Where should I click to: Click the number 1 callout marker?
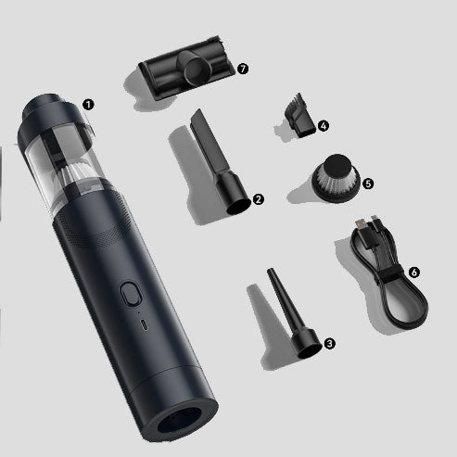click(x=88, y=105)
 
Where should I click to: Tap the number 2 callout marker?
click(x=259, y=199)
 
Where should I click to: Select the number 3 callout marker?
click(x=330, y=343)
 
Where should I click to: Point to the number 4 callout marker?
click(x=324, y=126)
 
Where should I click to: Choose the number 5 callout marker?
click(x=368, y=184)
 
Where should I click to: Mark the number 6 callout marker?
click(x=414, y=273)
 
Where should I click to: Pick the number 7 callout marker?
click(x=243, y=69)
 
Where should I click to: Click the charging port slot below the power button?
click(x=144, y=325)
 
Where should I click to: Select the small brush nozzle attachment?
click(x=299, y=116)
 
